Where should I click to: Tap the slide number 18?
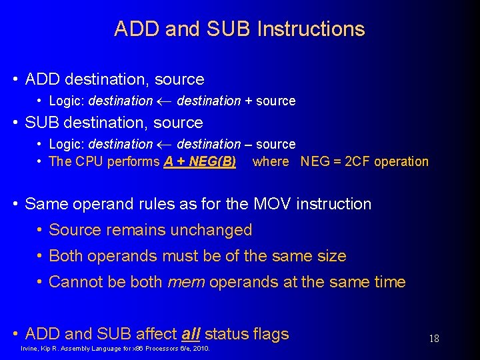433,339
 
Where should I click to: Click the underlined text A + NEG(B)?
200,161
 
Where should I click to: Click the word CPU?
89,161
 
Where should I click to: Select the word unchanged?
211,230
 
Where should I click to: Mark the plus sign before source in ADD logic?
248,101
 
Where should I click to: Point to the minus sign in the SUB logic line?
248,145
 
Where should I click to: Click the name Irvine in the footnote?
31,349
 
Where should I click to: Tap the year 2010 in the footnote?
201,349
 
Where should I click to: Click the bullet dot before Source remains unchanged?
40,230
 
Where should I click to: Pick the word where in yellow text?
271,161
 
